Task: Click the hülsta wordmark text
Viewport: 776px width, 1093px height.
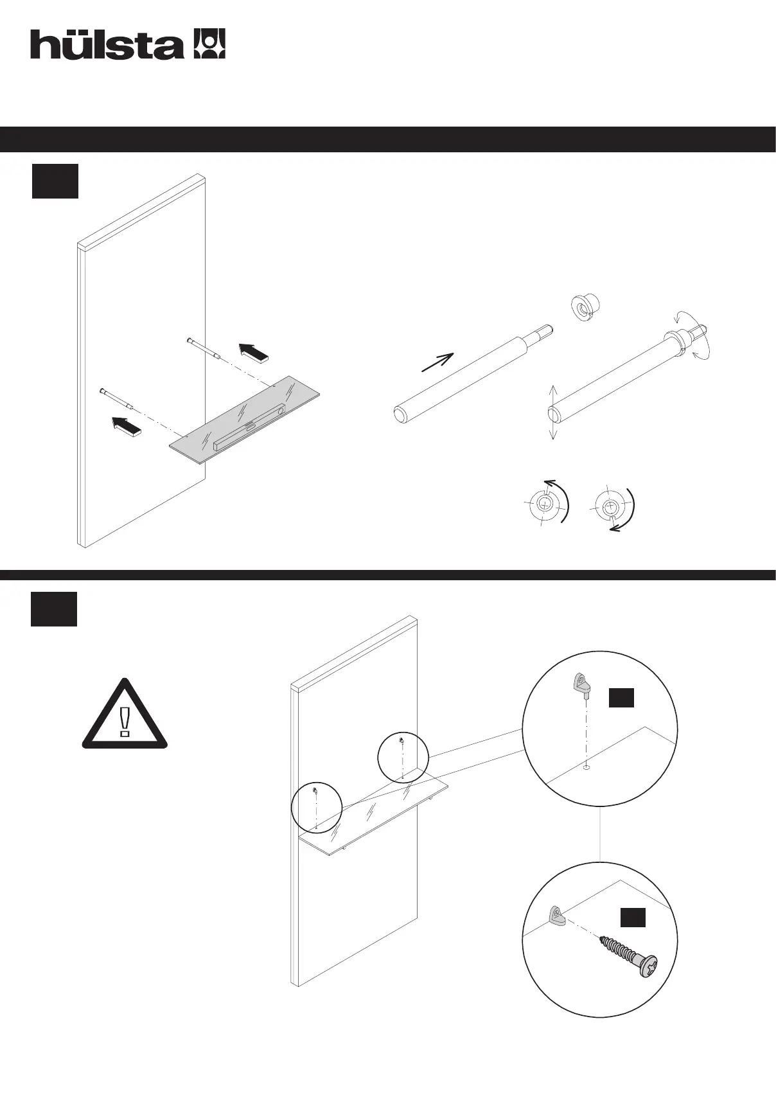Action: click(x=106, y=44)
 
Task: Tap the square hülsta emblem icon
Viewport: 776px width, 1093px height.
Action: click(x=209, y=44)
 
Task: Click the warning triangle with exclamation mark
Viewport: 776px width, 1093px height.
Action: click(x=125, y=715)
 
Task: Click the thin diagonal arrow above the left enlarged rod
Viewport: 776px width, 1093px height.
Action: click(x=437, y=362)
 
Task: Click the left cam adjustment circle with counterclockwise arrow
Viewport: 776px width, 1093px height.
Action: click(x=547, y=503)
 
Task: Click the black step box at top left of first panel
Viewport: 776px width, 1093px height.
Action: click(x=55, y=181)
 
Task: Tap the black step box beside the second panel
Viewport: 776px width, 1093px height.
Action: click(x=54, y=609)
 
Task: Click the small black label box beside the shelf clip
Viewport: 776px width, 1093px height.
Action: click(x=621, y=697)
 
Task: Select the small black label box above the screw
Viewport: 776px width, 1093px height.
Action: click(x=632, y=918)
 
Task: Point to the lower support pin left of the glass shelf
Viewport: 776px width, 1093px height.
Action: click(x=116, y=398)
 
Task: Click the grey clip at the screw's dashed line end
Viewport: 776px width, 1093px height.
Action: click(x=557, y=916)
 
